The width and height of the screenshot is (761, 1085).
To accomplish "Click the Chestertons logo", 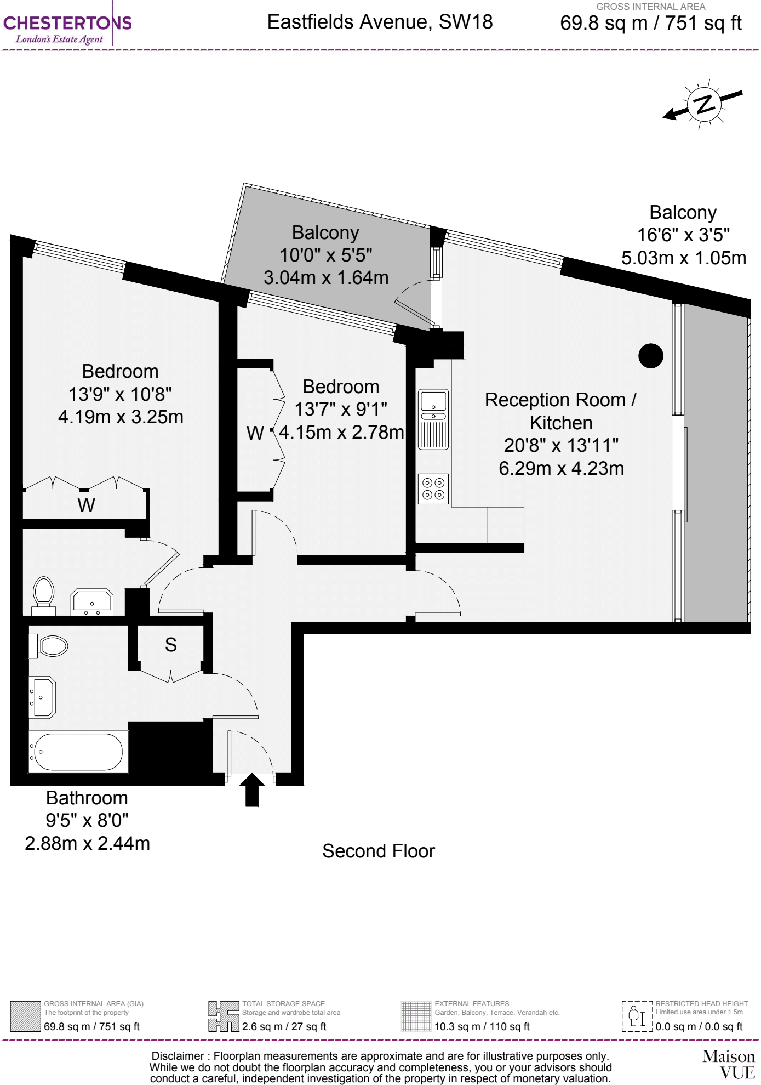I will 67,29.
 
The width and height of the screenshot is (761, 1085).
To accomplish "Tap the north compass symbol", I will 703,104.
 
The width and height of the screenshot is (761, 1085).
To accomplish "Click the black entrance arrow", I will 252,789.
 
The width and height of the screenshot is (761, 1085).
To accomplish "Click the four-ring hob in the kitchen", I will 433,488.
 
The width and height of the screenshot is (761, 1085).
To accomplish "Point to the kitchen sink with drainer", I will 433,419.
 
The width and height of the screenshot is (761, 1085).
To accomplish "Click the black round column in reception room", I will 650,356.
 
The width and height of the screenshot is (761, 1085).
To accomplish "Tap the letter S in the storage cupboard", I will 170,645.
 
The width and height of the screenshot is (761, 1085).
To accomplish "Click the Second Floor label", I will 378,851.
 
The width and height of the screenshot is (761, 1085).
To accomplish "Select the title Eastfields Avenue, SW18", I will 380,22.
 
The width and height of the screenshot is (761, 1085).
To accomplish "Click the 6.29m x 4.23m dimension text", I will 561,468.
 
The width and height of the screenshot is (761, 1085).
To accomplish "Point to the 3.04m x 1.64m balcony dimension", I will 326,277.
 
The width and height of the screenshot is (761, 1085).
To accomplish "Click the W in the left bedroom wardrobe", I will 86,505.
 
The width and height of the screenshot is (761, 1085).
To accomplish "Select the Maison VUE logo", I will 729,1064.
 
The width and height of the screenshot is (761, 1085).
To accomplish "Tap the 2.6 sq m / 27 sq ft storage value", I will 284,1026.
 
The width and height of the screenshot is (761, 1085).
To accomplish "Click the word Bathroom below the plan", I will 87,798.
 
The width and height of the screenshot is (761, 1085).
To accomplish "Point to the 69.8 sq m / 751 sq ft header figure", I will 650,24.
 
